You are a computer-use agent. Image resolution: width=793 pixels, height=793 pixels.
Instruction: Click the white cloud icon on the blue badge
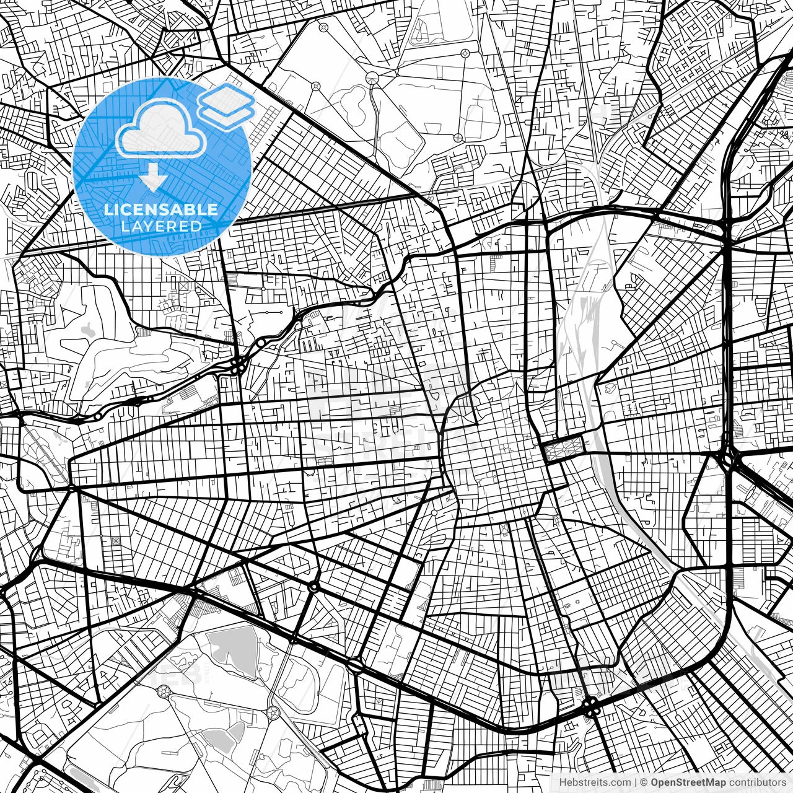click(162, 131)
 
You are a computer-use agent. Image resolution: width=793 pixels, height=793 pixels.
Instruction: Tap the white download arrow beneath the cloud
click(152, 180)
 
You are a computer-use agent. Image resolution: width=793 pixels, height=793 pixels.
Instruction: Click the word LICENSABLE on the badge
click(161, 209)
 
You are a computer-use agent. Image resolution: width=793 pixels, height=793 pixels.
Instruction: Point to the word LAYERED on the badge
click(161, 227)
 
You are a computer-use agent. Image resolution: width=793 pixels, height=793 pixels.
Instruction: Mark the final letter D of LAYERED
click(197, 227)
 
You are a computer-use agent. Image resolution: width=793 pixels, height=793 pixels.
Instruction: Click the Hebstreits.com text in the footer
click(594, 782)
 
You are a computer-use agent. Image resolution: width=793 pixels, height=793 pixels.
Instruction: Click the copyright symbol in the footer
click(644, 782)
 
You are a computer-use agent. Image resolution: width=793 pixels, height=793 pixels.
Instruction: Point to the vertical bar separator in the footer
click(636, 782)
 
